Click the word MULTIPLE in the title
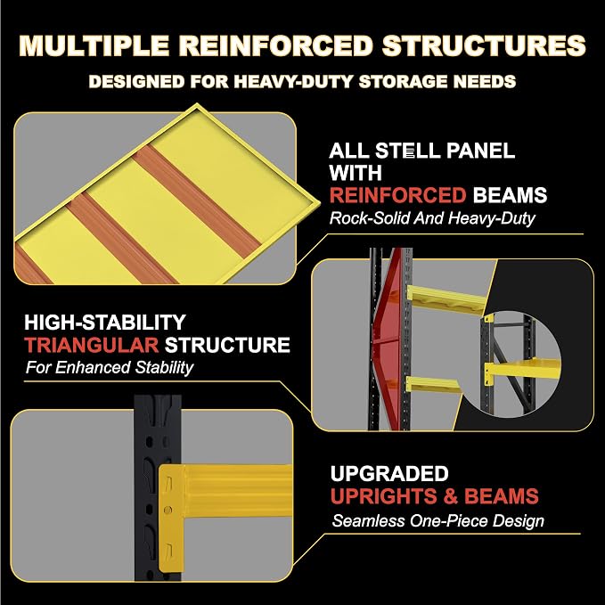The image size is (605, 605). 94,45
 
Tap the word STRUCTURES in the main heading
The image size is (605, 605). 484,45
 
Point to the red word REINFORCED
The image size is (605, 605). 397,195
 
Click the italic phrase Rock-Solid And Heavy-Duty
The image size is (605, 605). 432,218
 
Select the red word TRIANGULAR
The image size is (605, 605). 92,345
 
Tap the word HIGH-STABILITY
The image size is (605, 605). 105,323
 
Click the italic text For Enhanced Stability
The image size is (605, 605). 110,367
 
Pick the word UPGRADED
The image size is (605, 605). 389,473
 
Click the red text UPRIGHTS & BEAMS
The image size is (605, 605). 435,495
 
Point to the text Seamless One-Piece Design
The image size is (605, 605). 437,521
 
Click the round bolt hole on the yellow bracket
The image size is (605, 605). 168,510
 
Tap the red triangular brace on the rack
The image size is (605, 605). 388,339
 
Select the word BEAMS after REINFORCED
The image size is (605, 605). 510,195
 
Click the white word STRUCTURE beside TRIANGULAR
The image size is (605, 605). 227,345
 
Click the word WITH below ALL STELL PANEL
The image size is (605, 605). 356,173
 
